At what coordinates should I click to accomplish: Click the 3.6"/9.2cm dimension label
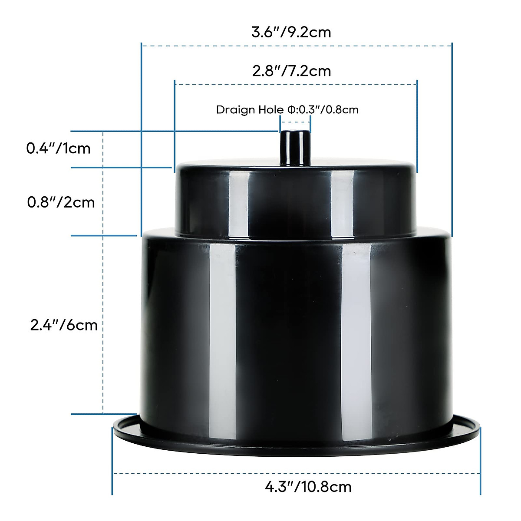(291, 32)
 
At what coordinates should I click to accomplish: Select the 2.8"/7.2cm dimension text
(291, 70)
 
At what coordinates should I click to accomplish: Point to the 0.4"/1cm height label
(59, 148)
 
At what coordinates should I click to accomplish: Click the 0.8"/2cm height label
(61, 202)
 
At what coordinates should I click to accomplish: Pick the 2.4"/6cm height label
(64, 325)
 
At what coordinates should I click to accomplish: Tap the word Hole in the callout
(271, 109)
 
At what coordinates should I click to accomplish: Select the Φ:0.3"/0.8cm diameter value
(323, 109)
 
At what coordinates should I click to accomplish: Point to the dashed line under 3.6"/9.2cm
(297, 45)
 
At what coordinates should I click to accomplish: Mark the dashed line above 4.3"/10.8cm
(296, 473)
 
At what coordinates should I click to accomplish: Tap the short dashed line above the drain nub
(294, 129)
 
